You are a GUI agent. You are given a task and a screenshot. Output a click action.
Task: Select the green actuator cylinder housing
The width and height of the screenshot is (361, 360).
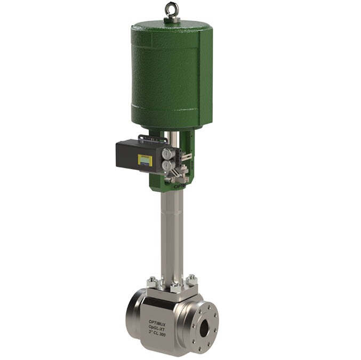pos(171,75)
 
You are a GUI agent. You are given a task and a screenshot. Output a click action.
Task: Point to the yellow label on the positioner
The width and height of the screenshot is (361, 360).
pos(145,159)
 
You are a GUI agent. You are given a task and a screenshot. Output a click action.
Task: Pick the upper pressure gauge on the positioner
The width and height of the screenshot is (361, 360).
pos(167,154)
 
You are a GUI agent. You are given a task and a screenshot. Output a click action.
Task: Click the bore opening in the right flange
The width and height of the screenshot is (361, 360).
pos(204,329)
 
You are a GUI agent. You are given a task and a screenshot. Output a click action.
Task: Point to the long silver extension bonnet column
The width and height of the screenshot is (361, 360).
pos(172,234)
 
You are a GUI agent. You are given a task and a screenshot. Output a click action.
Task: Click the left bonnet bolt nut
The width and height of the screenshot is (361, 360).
pos(153,281)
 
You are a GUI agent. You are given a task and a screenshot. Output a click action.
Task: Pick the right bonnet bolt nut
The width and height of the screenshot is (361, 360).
pos(191,279)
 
